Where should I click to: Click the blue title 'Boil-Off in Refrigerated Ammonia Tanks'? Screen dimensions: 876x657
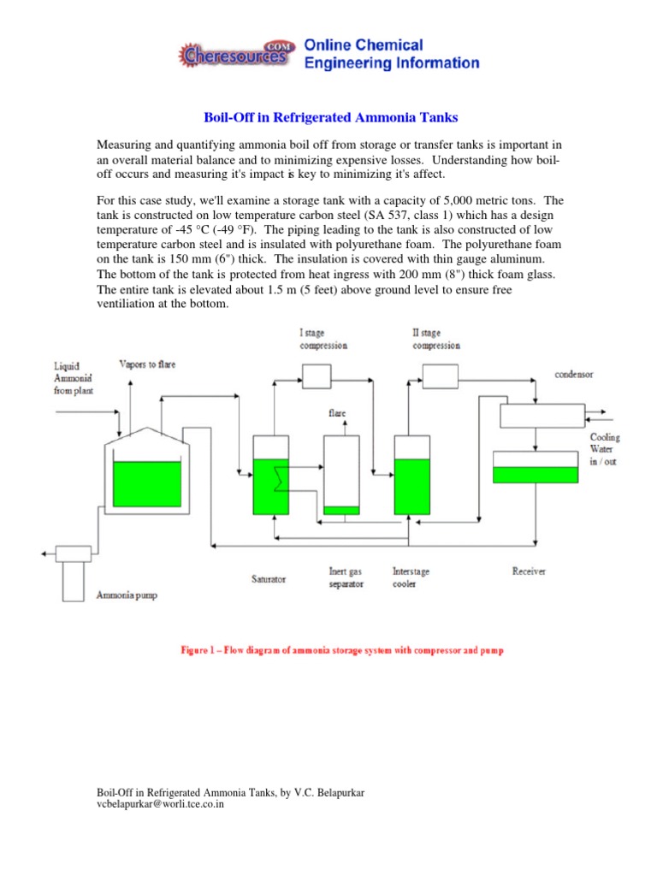[328, 116]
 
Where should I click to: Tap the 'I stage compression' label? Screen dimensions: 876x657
[323, 339]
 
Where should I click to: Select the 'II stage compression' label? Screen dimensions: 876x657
[436, 339]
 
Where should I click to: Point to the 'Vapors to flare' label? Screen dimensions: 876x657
[147, 364]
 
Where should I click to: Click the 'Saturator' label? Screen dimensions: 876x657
[268, 578]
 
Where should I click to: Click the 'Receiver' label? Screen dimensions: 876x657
[529, 571]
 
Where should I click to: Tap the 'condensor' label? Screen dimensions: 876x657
[573, 374]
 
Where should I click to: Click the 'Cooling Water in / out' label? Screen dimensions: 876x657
[604, 449]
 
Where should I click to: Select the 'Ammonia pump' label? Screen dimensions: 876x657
[127, 595]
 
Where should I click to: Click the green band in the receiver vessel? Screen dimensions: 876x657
[536, 474]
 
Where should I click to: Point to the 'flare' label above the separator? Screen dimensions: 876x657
[338, 412]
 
